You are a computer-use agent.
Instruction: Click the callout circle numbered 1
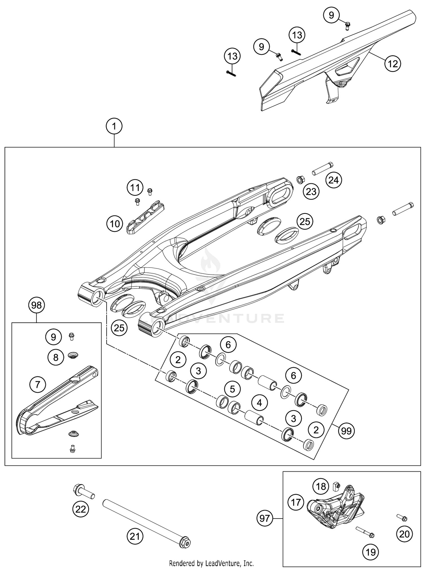(114, 127)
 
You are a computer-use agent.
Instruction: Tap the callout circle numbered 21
(135, 536)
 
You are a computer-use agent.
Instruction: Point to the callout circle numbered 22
(81, 509)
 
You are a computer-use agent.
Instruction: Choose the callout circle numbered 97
(265, 518)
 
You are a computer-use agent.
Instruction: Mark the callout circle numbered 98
(37, 305)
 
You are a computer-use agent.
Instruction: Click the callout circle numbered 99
(346, 431)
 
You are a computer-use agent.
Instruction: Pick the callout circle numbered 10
(115, 224)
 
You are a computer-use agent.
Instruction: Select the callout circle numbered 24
(334, 180)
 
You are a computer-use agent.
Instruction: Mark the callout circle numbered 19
(371, 552)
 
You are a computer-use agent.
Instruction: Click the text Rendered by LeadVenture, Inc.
(211, 563)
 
